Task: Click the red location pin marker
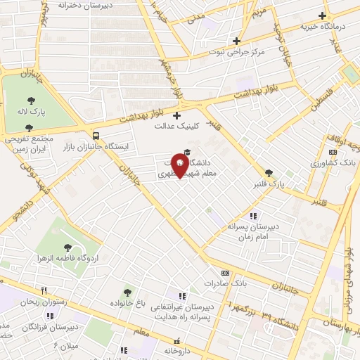coord(181,166)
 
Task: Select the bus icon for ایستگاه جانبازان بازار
coord(96,135)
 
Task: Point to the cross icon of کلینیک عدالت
coord(176,115)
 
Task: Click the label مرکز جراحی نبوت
coord(236,53)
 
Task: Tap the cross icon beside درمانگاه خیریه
coord(323,15)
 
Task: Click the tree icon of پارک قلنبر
coord(268,172)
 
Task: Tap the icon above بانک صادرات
coord(225,273)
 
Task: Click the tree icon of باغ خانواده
coord(127,292)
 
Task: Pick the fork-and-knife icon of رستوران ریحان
coord(44,290)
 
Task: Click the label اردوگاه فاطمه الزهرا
coord(67,259)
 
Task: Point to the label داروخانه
coord(177,350)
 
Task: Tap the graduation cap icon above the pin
coord(186,152)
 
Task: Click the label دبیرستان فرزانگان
coord(49,328)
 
